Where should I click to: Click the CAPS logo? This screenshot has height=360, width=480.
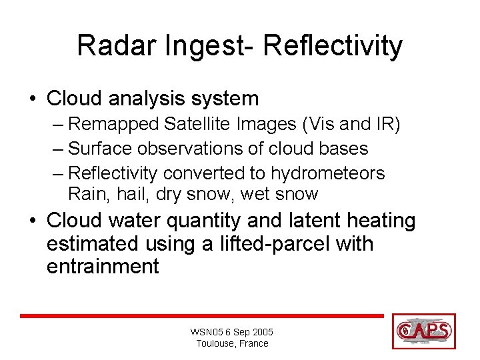point(424,331)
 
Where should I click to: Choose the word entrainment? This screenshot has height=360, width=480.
point(103,267)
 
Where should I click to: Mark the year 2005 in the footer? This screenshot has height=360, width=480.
point(261,332)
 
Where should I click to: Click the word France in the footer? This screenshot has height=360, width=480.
point(253,343)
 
